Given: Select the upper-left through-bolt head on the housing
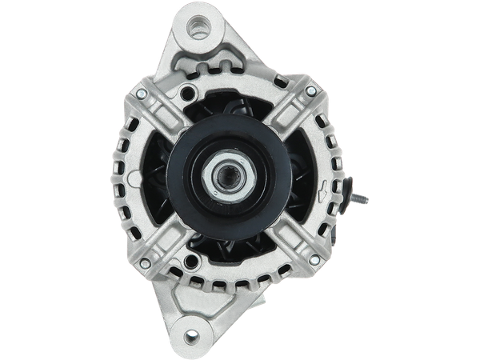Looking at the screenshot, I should tap(141, 94).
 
